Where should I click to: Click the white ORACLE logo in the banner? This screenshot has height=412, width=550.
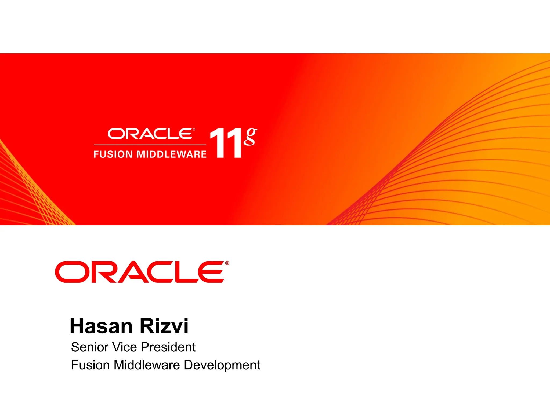coord(150,134)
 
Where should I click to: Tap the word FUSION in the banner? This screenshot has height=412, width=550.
coord(113,154)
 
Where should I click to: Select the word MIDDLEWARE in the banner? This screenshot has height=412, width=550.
coord(172,154)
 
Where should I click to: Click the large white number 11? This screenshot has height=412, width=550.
coord(226,143)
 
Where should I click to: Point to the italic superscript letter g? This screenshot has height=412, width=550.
coord(250,137)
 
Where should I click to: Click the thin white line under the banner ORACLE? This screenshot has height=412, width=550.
coord(150,145)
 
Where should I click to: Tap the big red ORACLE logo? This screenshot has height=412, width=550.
coord(140,272)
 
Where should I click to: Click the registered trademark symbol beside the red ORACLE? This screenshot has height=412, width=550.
coord(227,263)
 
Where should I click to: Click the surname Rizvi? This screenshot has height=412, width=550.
coord(164,326)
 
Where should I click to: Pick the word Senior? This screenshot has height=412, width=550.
coord(90,347)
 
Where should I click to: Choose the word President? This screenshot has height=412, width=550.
coord(168,347)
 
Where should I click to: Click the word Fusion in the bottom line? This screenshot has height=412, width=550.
coord(91,365)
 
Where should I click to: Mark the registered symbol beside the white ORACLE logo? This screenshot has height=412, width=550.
coord(194,130)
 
